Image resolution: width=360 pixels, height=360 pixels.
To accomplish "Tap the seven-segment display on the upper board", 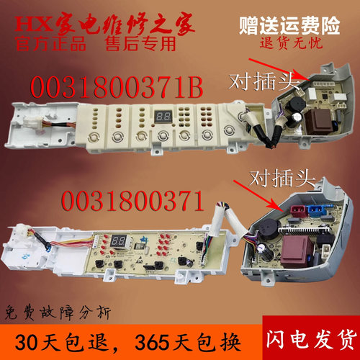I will pos(162,115).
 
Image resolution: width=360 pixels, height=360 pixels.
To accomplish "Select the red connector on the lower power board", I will pos(297,213).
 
